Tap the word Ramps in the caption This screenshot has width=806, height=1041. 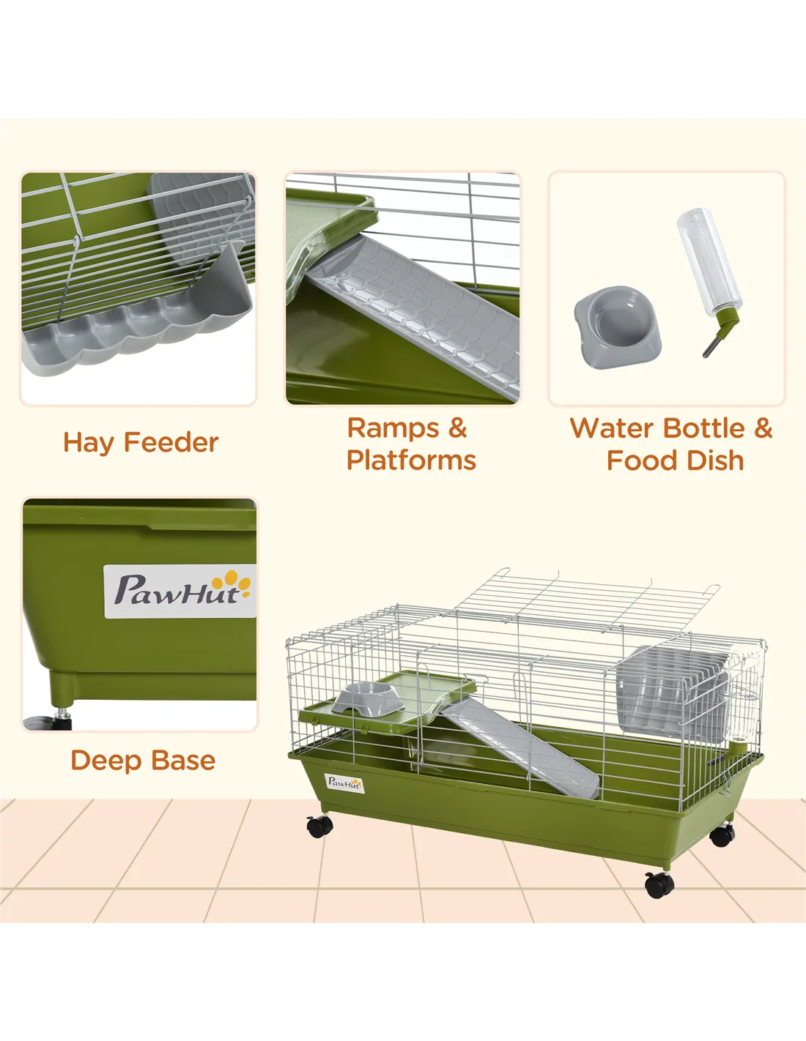click(393, 428)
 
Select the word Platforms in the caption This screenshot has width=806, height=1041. click(411, 460)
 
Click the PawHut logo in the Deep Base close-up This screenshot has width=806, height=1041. click(180, 592)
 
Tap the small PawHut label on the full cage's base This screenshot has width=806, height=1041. click(344, 783)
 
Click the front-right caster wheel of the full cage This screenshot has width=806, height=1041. click(659, 884)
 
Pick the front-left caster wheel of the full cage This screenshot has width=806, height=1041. click(319, 826)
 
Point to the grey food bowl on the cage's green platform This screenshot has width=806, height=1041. click(367, 698)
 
